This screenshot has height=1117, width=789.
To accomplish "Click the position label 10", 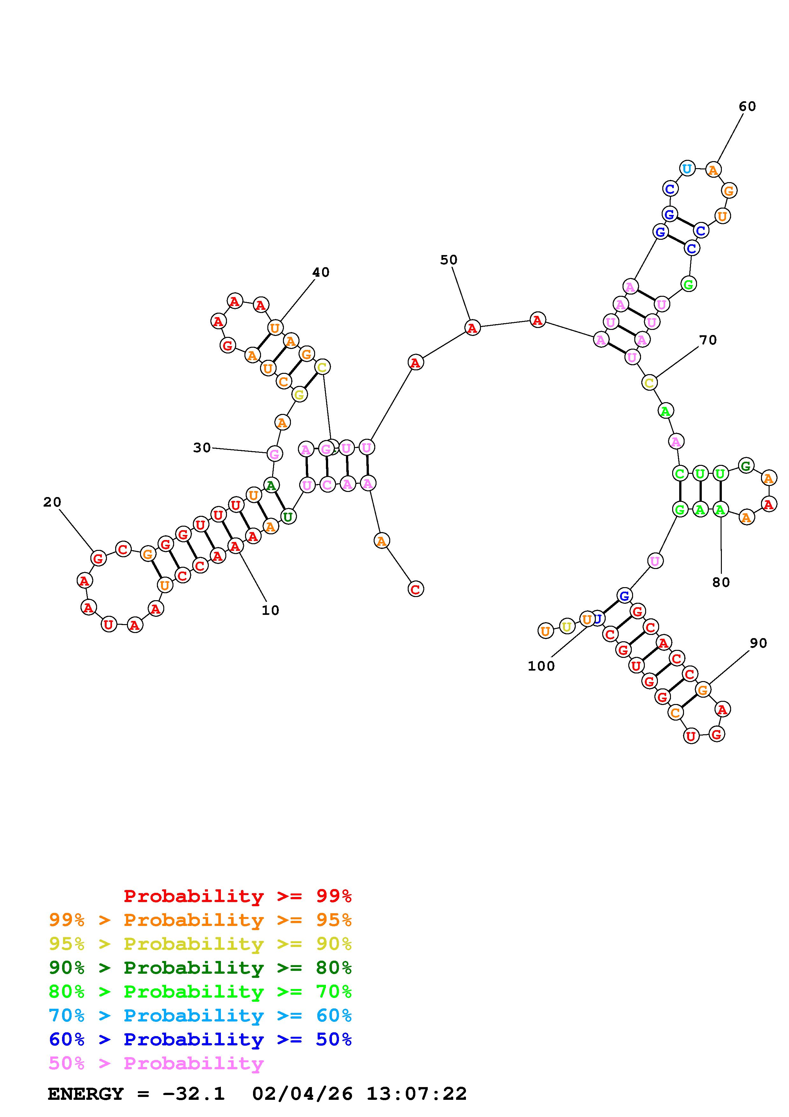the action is [x=270, y=610].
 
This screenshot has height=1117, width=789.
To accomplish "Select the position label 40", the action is [x=321, y=273].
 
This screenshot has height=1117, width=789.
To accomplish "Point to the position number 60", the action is [x=747, y=107].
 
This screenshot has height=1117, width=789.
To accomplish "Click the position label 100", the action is [x=541, y=666].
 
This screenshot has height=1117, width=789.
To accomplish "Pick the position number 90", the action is [x=758, y=643].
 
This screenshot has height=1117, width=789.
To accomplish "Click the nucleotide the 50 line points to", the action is [x=472, y=328].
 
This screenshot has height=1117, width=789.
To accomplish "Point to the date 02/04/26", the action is [x=302, y=1094].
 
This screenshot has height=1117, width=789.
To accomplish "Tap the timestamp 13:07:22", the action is [x=417, y=1094].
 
